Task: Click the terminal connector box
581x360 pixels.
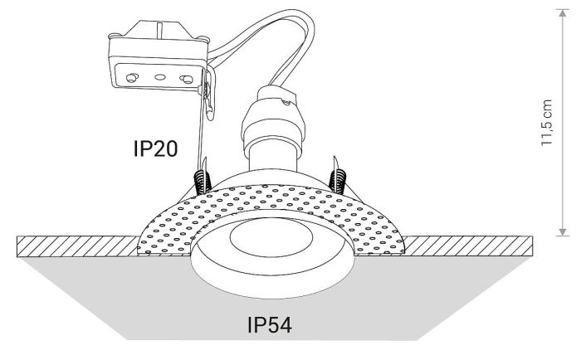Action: coord(158,62)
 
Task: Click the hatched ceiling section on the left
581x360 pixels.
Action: coord(75,246)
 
